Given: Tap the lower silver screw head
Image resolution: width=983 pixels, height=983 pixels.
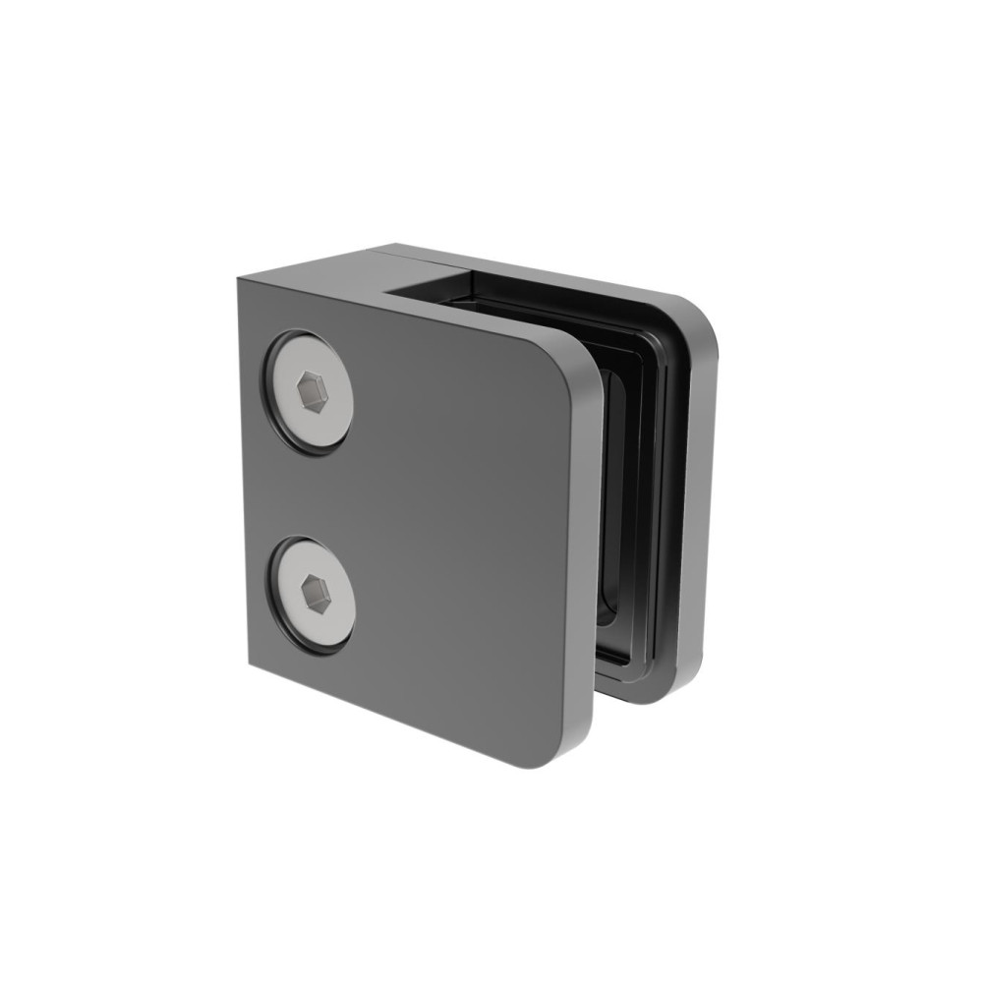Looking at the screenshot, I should tap(314, 594).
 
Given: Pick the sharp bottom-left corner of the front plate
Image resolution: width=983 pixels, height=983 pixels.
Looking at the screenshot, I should tap(250, 665).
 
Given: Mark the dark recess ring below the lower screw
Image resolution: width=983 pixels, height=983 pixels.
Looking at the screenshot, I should tap(313, 648).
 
